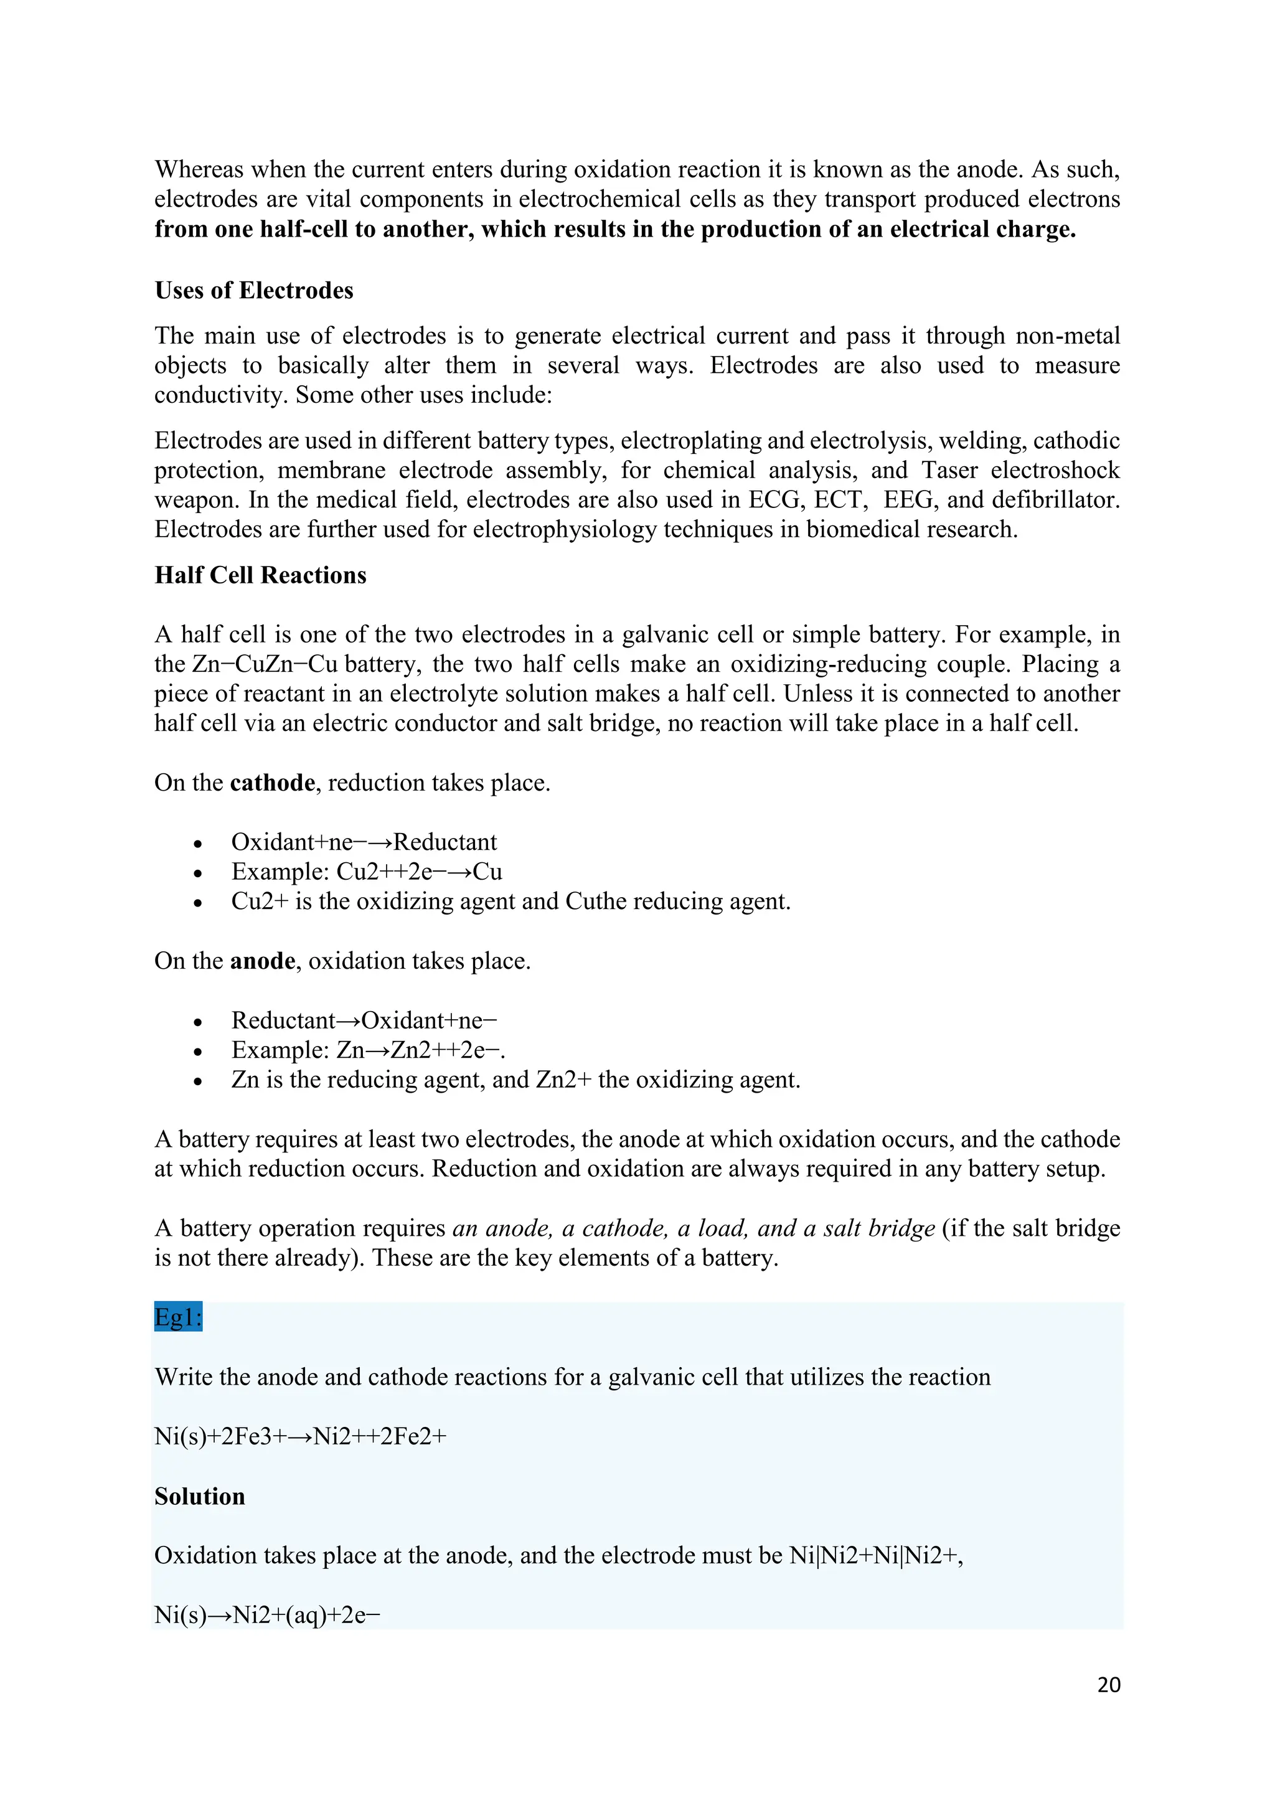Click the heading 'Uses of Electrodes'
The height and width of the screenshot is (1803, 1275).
pos(253,291)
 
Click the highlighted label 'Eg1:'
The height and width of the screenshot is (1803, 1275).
pos(178,1317)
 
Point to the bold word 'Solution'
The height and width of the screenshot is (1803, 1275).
pos(199,1496)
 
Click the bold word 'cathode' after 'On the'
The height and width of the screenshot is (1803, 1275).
pos(273,783)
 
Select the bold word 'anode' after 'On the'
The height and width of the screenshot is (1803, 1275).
pos(262,961)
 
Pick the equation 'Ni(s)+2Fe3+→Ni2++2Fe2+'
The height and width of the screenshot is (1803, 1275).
pos(300,1436)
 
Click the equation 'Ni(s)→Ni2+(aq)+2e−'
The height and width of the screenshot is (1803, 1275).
pos(267,1616)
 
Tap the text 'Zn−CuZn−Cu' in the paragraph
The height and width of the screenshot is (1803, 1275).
pos(265,664)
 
